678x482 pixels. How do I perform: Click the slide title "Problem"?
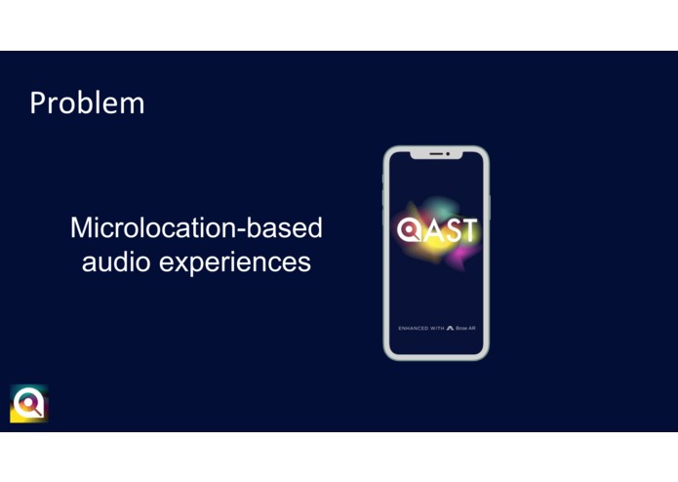point(87,103)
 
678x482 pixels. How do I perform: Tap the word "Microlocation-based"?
point(196,228)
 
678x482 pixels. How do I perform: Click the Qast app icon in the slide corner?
point(29,403)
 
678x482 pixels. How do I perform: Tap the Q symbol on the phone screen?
point(408,230)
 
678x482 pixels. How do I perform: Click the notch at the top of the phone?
point(436,154)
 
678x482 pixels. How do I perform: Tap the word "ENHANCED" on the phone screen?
point(414,329)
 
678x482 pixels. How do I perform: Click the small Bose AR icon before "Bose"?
point(450,329)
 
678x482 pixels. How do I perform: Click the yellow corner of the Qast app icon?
point(16,417)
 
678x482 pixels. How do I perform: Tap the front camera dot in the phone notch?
point(448,154)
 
